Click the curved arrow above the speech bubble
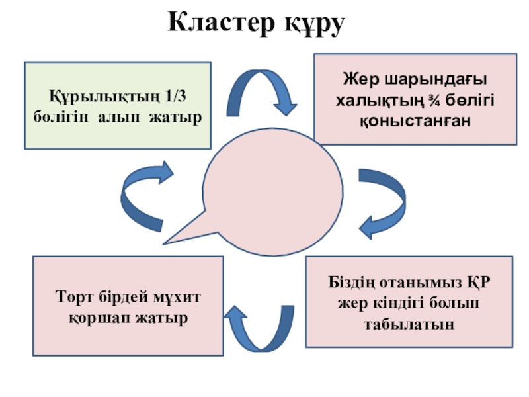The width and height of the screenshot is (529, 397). point(261,93)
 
